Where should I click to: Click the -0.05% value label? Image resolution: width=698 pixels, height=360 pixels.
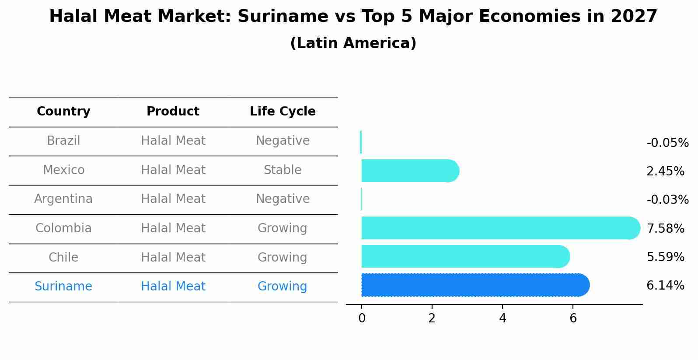(667, 143)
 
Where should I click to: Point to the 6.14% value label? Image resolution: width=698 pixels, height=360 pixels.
(665, 286)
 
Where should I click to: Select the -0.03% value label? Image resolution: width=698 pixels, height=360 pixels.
(667, 200)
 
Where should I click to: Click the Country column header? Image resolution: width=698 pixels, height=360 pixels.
(63, 112)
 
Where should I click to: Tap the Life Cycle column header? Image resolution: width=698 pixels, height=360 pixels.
(283, 112)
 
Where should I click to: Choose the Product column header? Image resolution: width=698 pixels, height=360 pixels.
(173, 112)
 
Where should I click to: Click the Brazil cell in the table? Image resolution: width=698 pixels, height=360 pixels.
(63, 141)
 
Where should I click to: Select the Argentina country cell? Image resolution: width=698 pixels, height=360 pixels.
(63, 199)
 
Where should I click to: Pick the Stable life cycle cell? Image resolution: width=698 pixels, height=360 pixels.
(283, 170)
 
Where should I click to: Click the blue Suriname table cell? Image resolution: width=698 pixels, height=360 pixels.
(63, 287)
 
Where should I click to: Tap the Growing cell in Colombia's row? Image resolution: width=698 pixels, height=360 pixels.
(283, 228)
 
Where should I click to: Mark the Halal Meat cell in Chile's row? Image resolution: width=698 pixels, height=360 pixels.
(173, 258)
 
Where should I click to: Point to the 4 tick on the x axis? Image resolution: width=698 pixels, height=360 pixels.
(503, 318)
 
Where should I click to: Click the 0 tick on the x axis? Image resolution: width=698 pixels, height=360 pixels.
(362, 318)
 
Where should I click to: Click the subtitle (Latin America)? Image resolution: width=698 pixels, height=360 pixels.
(353, 43)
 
